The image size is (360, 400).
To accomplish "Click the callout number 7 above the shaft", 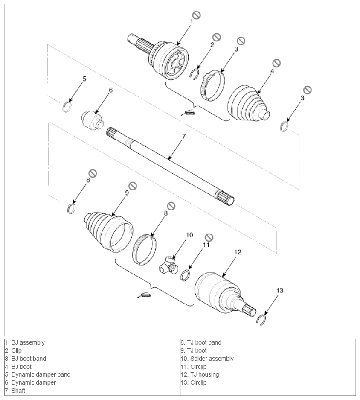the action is [184, 136].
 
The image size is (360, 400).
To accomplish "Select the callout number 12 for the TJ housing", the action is [238, 252].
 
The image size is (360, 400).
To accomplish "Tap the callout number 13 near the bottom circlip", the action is [280, 290].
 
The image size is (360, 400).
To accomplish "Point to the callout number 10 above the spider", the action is [189, 235].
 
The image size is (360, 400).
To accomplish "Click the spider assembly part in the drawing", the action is [169, 266].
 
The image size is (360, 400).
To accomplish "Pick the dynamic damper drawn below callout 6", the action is [92, 120].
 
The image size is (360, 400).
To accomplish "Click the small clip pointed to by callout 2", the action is [195, 74].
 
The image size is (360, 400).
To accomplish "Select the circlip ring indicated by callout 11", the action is [185, 275].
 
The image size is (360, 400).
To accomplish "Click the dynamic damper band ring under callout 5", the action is [67, 106].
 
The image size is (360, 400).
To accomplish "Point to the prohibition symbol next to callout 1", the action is [196, 15].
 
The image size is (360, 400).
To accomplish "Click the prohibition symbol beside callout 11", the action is [209, 237].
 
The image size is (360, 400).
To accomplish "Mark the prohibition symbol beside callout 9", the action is [133, 186].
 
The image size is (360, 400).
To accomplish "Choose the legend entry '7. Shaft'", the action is [15, 391].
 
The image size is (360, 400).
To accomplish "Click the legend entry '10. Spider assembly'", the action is [207, 359].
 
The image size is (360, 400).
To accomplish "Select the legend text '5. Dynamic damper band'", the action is [38, 374].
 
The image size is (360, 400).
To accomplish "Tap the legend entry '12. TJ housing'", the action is [200, 374].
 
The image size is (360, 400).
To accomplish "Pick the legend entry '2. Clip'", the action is [13, 350].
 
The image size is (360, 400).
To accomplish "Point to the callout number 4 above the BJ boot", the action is [272, 71].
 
